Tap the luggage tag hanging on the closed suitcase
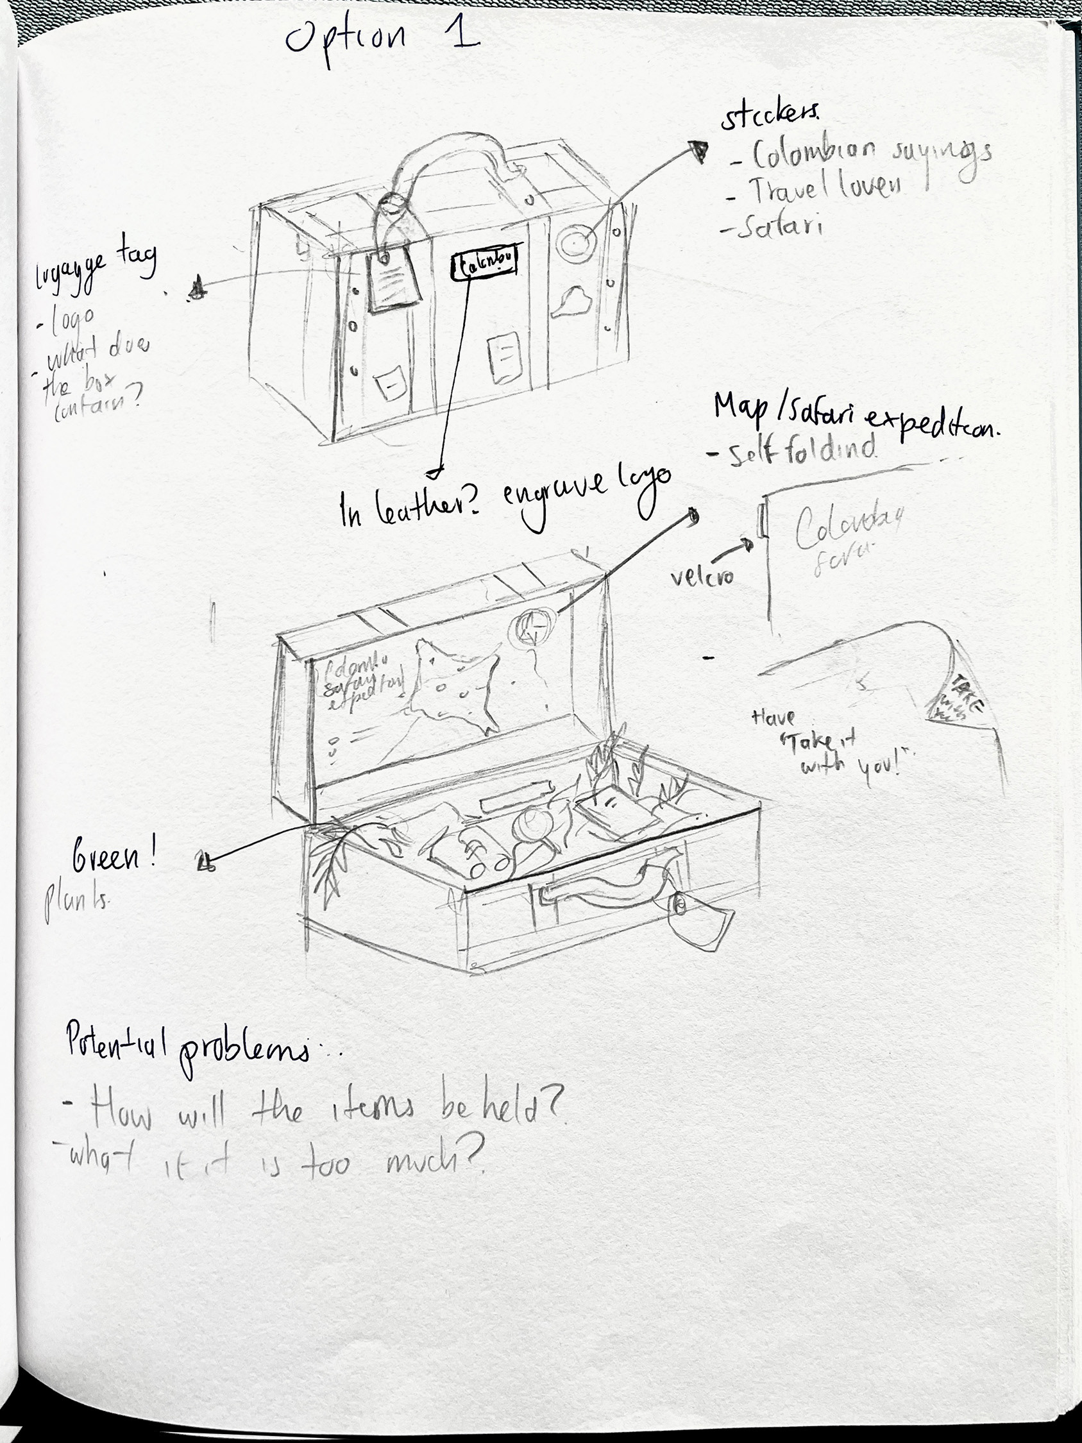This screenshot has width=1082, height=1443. (x=391, y=280)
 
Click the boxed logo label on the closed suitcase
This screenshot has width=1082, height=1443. (x=485, y=264)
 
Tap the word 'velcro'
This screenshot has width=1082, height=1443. (x=702, y=576)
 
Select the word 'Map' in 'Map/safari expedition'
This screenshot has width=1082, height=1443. (x=740, y=408)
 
